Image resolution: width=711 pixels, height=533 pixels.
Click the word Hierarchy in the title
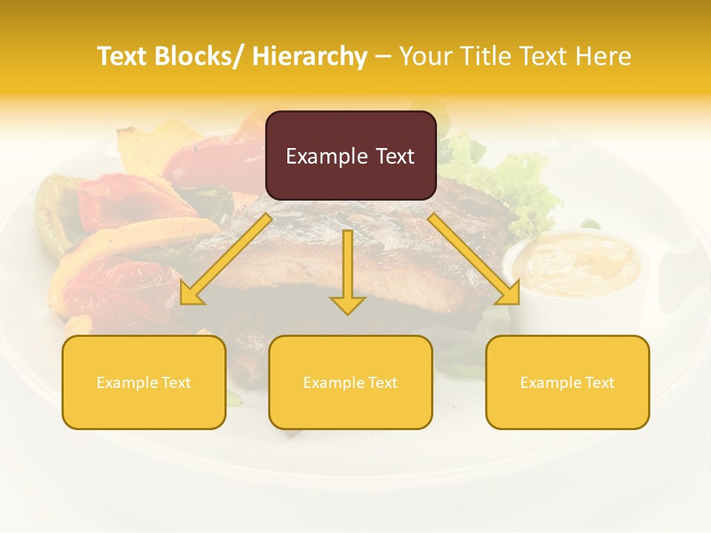(x=310, y=57)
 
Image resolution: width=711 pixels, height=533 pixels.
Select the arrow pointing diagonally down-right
(x=474, y=259)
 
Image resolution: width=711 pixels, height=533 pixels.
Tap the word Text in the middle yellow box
(x=381, y=383)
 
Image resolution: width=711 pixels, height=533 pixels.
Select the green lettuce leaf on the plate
(x=518, y=181)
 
